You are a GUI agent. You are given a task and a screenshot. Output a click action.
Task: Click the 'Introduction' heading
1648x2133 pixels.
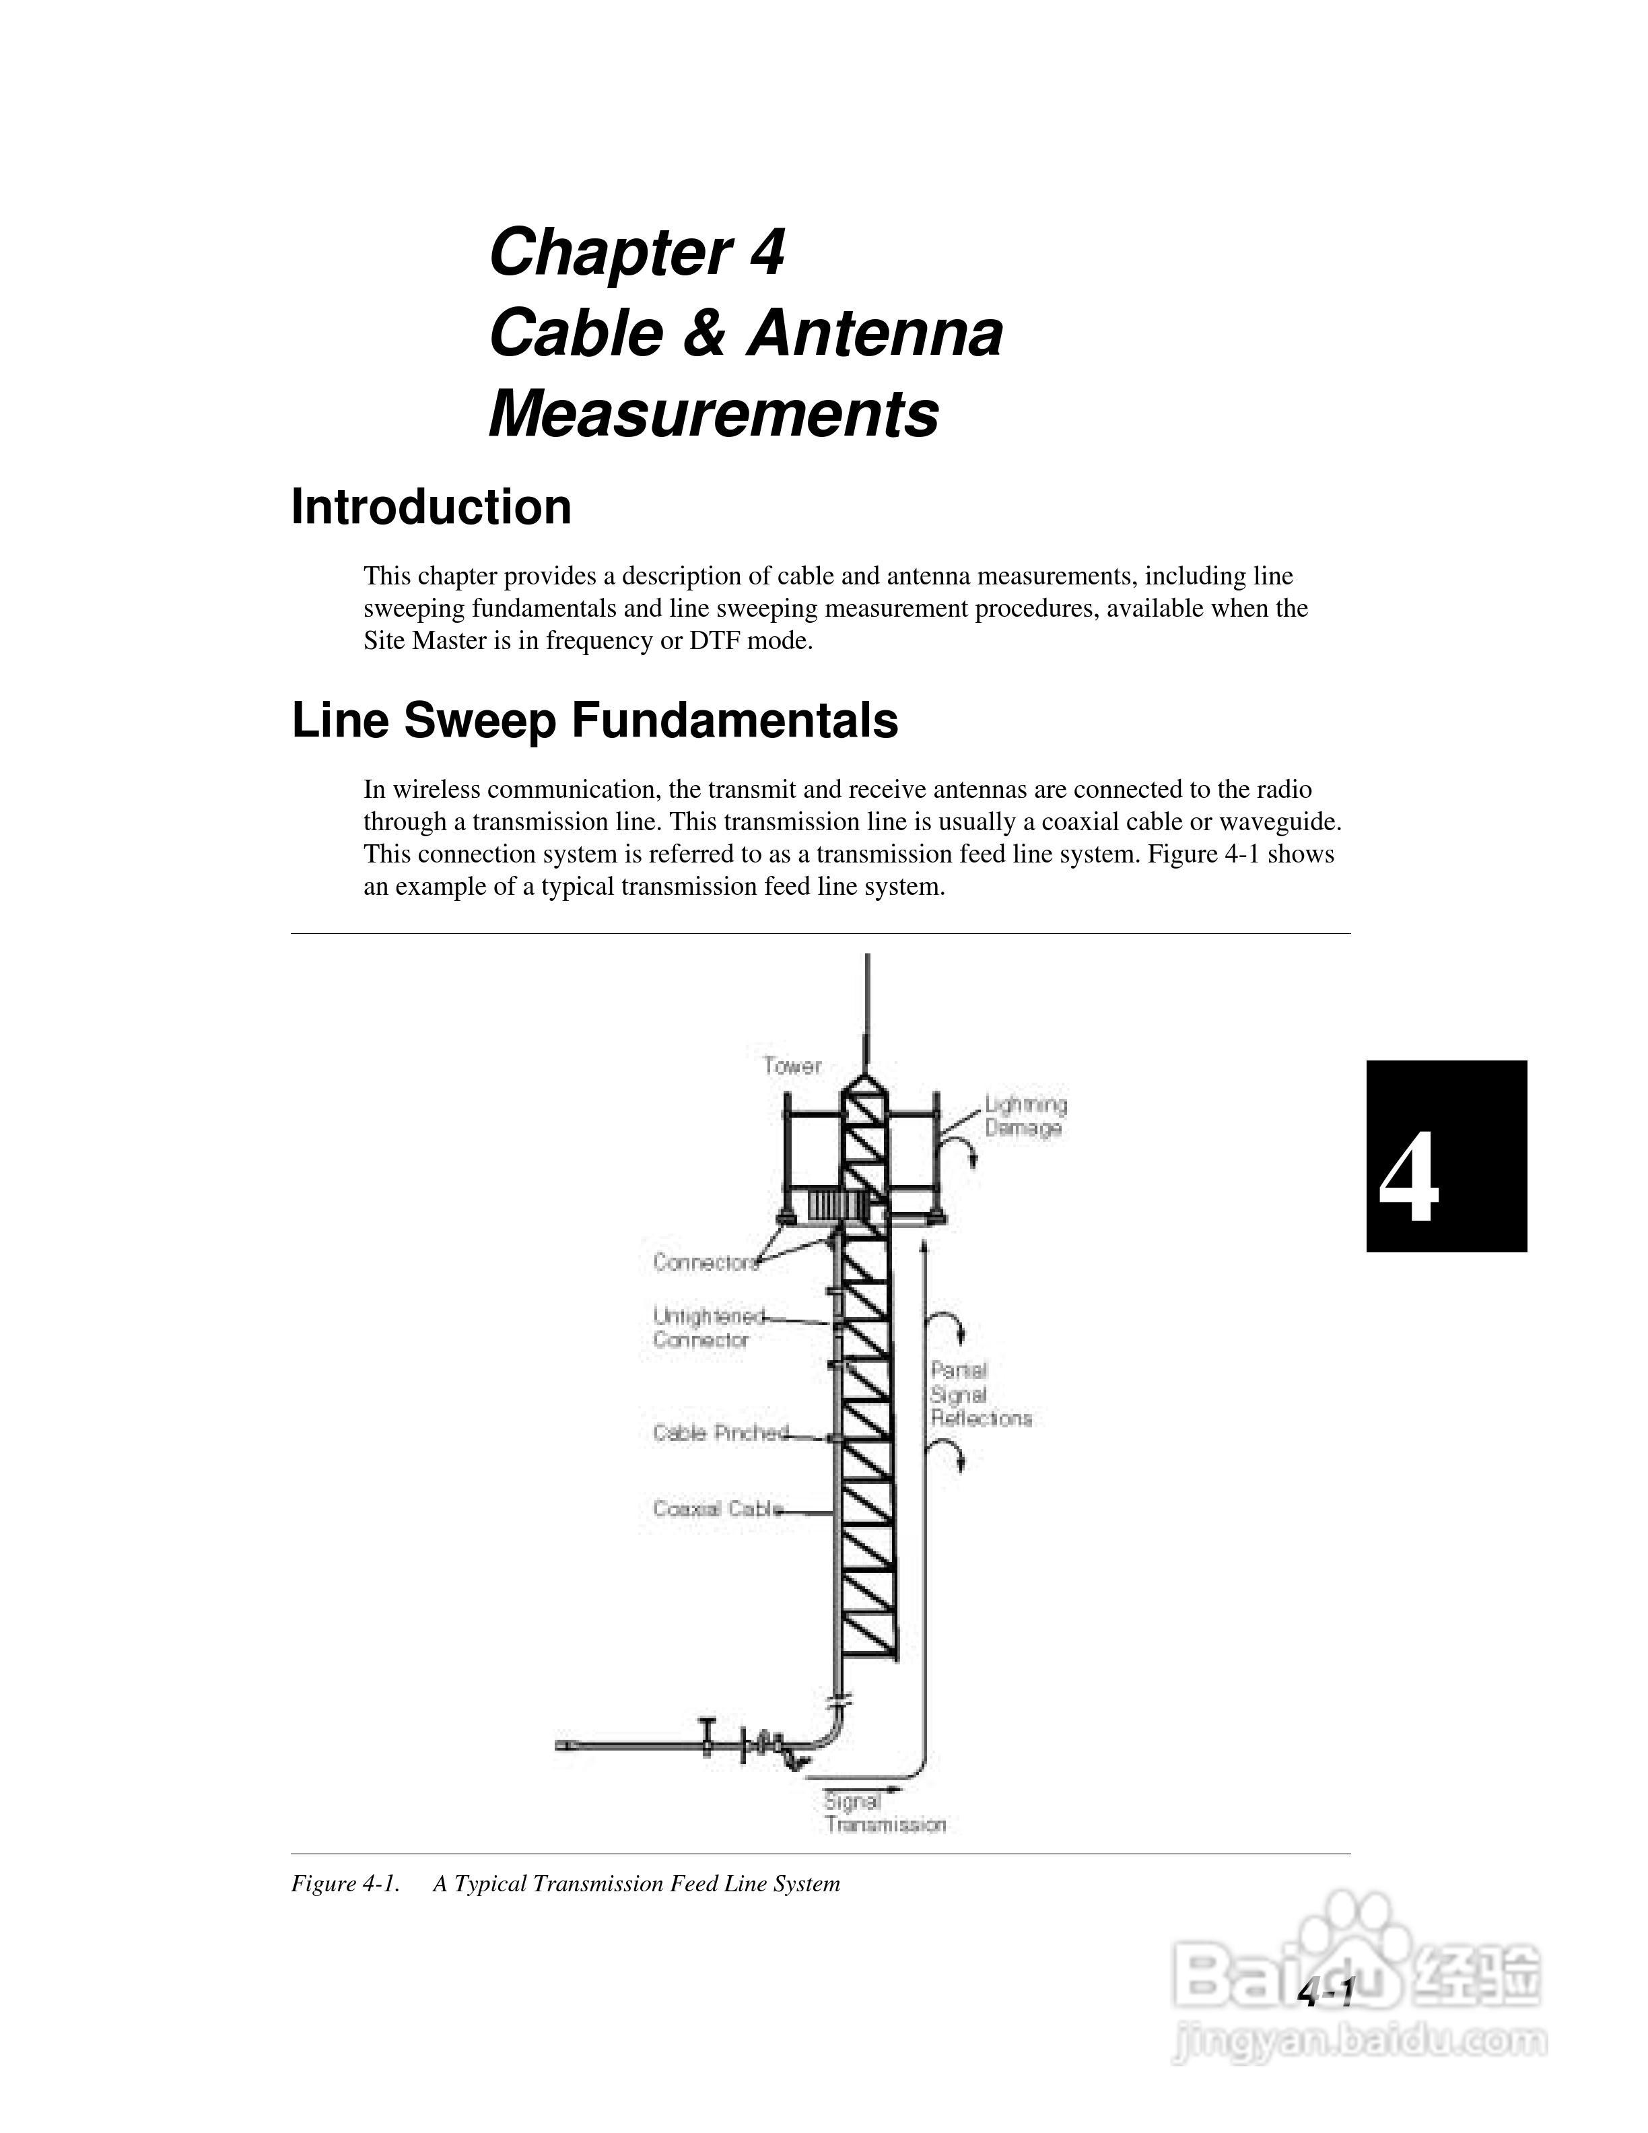coord(431,508)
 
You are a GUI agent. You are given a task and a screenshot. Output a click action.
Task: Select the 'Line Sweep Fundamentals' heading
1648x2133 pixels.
coord(594,721)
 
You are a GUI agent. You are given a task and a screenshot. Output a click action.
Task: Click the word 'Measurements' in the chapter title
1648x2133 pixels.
coord(713,414)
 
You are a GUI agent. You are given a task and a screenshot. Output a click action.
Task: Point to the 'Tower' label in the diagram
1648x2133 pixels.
coord(792,1066)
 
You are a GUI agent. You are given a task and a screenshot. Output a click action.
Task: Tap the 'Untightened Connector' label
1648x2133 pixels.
coord(707,1328)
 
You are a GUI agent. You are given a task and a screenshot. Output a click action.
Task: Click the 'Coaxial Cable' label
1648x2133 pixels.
coord(718,1509)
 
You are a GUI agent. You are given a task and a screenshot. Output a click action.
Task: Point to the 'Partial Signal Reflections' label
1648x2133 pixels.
coord(980,1394)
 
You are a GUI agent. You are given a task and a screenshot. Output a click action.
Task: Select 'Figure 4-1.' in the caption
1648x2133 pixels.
coord(345,1884)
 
